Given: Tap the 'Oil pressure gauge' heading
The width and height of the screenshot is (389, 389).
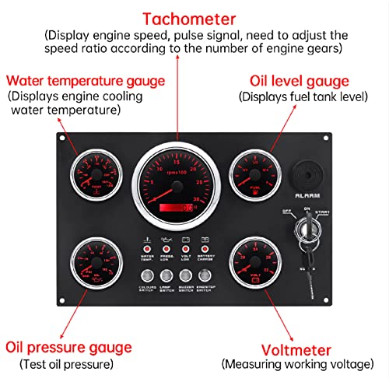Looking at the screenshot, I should pyautogui.click(x=68, y=347).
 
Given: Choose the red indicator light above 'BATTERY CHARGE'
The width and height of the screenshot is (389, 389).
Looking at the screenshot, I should pyautogui.click(x=206, y=248).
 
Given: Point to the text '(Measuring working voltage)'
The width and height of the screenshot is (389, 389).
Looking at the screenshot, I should pyautogui.click(x=296, y=364).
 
